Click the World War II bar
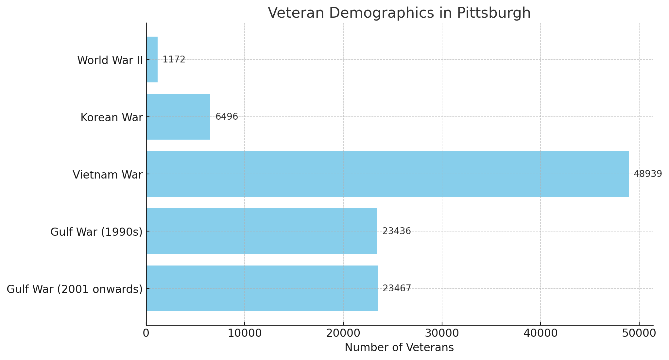(152, 60)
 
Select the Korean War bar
(178, 117)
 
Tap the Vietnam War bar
(387, 174)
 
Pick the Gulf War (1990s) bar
(262, 231)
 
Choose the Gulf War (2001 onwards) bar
(262, 288)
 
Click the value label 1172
(174, 60)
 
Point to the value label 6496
(227, 117)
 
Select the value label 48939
(648, 174)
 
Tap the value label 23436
(397, 231)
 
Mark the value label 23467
(397, 288)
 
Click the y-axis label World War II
(110, 60)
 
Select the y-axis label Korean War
(111, 118)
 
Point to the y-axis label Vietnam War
(108, 175)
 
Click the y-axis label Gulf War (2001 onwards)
(75, 289)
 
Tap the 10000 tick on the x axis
(244, 333)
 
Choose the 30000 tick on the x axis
(442, 333)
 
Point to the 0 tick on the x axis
(146, 333)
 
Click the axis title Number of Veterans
(399, 348)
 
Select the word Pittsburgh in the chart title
(494, 13)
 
